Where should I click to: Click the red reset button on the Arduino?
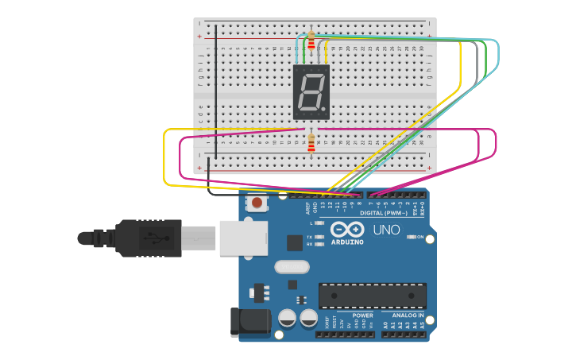click(257, 204)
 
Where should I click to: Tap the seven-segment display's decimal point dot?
click(323, 109)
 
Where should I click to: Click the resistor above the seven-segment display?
click(311, 42)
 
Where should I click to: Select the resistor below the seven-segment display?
click(311, 143)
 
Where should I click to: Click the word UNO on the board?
click(386, 230)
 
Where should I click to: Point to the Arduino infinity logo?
click(346, 230)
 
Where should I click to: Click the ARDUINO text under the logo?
click(346, 242)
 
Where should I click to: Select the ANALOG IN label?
click(408, 315)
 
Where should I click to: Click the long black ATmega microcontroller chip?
click(372, 296)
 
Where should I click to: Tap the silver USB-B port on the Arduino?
click(243, 238)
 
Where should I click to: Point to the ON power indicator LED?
click(410, 236)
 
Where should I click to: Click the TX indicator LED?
click(319, 237)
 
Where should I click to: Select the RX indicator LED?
click(319, 244)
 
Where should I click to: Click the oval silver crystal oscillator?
click(291, 267)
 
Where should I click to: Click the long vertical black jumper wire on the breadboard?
click(214, 87)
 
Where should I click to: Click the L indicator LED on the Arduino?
click(319, 223)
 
